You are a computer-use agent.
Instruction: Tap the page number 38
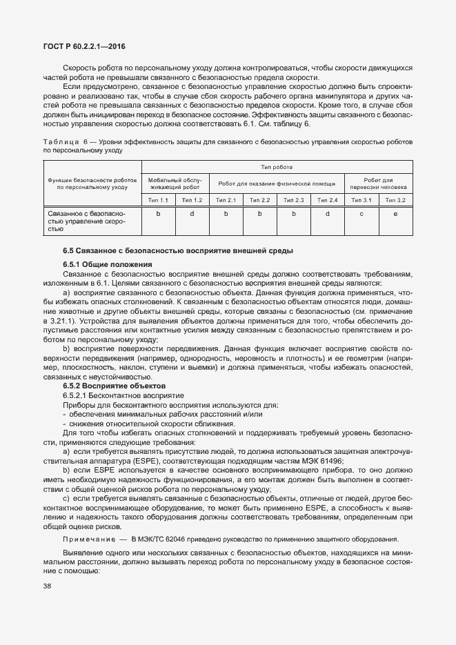click(48, 586)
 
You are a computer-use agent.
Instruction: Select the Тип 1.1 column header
click(158, 200)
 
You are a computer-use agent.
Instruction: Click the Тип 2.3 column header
click(293, 200)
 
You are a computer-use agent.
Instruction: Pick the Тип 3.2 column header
click(395, 200)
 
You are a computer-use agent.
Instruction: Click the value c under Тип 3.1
click(361, 214)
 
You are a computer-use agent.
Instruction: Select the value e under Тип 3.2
click(395, 214)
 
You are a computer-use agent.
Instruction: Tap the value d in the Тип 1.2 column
click(192, 214)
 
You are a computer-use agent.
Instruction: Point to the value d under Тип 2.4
click(327, 214)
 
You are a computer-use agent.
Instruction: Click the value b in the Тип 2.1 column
click(226, 214)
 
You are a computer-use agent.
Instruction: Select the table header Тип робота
click(276, 167)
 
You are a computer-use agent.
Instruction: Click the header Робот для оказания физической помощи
click(276, 183)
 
